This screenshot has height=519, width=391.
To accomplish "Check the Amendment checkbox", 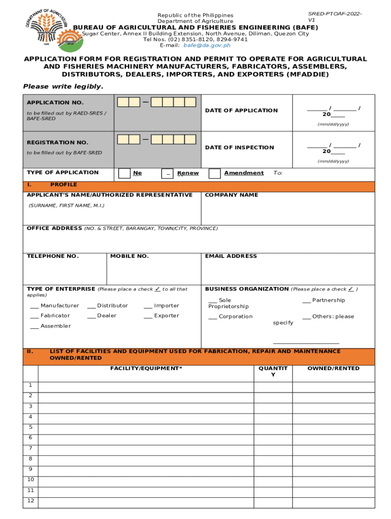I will tap(215, 173).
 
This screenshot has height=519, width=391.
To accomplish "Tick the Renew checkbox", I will tap(167, 173).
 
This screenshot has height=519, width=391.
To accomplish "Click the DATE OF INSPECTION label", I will tap(239, 147).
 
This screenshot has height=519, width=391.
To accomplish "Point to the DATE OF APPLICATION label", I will tap(241, 110).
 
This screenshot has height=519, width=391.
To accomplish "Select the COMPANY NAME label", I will tap(231, 195).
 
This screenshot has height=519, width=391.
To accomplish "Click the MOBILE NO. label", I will tap(129, 256).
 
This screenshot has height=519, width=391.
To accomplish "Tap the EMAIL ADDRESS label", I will tap(231, 256).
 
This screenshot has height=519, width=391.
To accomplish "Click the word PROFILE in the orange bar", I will tap(63, 184).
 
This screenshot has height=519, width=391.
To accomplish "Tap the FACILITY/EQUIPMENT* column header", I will tap(146, 368).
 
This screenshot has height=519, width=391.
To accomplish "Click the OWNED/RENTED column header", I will tap(333, 368).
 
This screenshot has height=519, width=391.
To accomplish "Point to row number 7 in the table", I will tap(30, 448).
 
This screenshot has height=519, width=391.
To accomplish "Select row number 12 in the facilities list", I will tap(30, 501).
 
